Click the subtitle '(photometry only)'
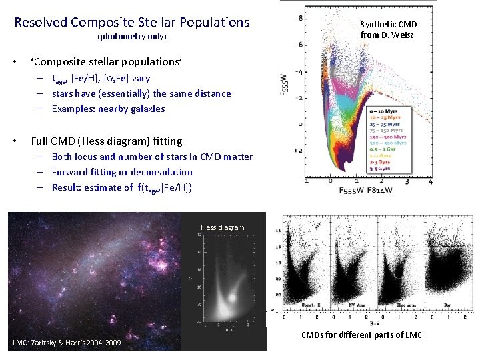click(x=131, y=36)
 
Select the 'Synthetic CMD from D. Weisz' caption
click(x=388, y=30)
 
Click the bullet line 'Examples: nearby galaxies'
click(x=108, y=109)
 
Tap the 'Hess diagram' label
click(x=222, y=228)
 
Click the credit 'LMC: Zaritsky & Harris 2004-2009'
click(x=67, y=343)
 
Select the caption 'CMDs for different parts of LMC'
click(x=361, y=335)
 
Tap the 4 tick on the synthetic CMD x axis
click(x=431, y=181)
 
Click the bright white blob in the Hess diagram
click(x=232, y=296)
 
